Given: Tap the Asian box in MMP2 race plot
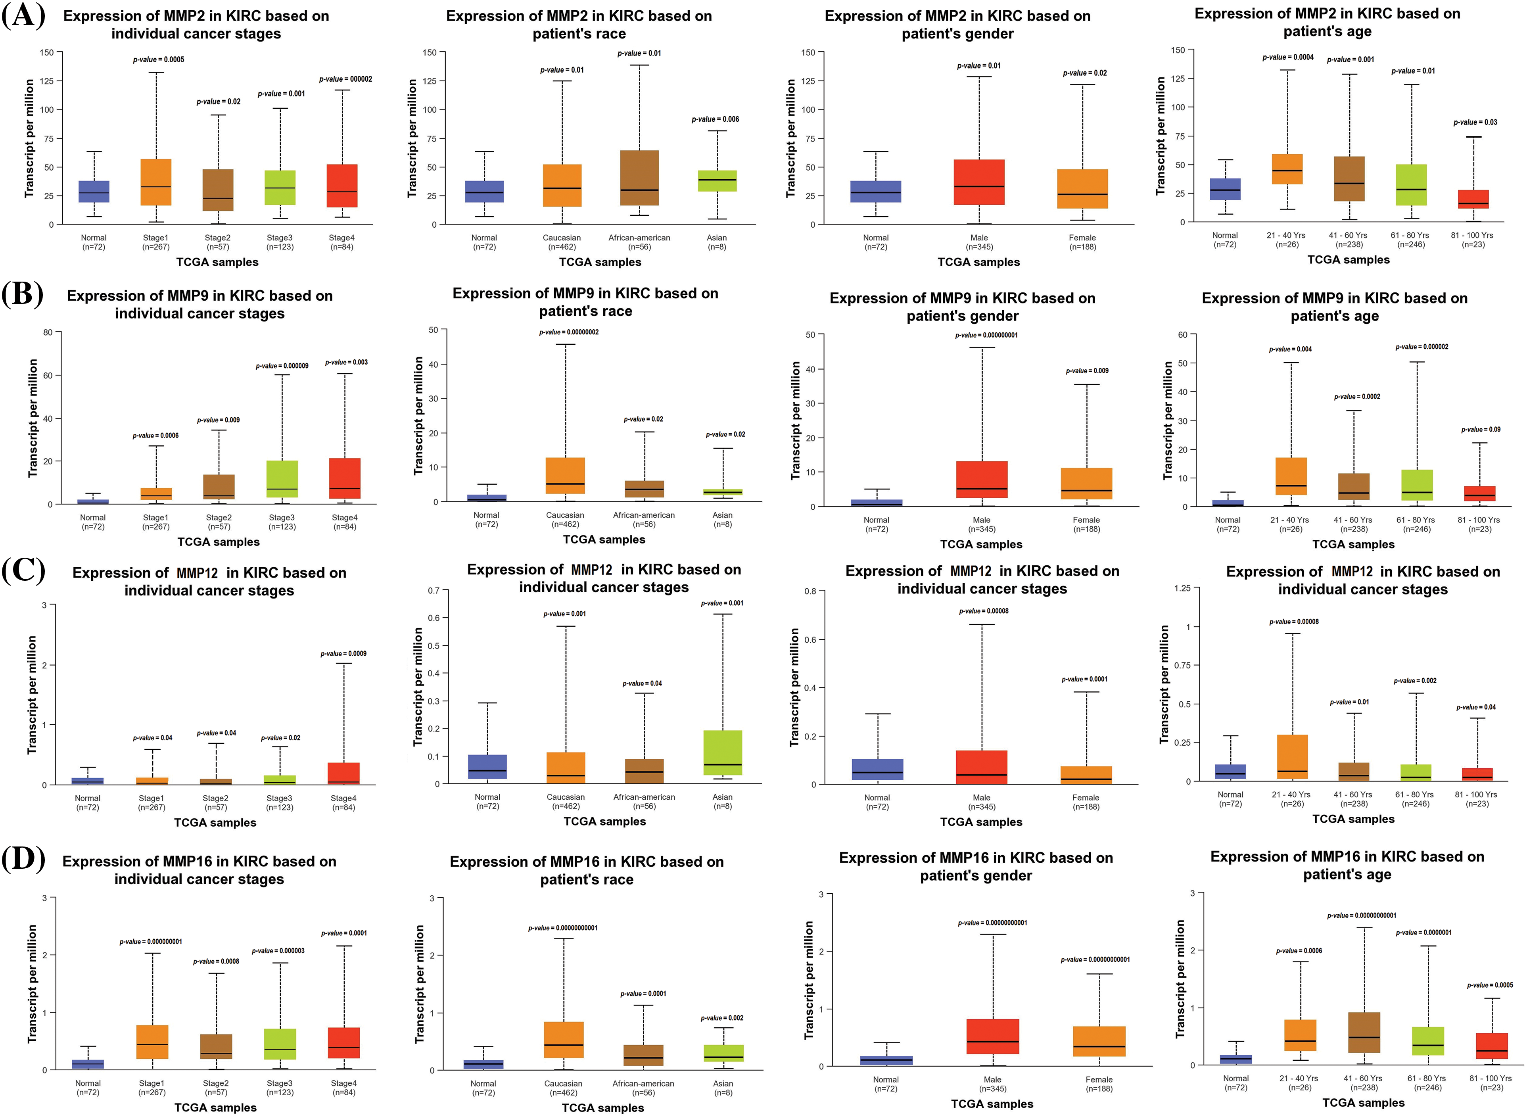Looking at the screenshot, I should (x=717, y=181).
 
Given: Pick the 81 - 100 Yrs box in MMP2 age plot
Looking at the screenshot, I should (x=1473, y=199).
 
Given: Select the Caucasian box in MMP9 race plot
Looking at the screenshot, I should (x=566, y=476).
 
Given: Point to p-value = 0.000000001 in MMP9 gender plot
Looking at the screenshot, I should (x=986, y=335).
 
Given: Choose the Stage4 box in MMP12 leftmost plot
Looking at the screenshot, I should (x=343, y=773).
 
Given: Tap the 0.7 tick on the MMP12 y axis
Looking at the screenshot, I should (x=434, y=591).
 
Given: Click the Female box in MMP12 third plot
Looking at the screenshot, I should (x=1086, y=775).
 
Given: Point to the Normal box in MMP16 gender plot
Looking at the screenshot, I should (x=886, y=1060).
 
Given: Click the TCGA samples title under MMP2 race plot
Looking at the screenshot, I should (x=600, y=262).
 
